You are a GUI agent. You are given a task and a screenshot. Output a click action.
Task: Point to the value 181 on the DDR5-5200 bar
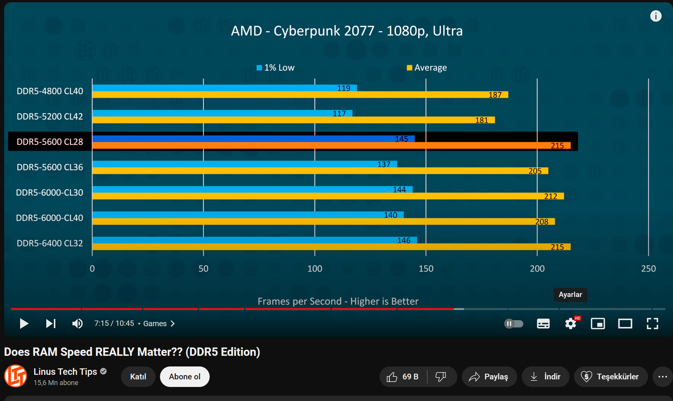click(482, 120)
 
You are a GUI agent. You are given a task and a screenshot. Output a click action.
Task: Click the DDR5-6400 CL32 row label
click(50, 243)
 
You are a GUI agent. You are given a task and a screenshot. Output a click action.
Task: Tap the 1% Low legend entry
click(276, 68)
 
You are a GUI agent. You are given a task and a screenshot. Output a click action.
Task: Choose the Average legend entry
click(427, 68)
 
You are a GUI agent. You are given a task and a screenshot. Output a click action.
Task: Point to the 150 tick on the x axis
click(426, 268)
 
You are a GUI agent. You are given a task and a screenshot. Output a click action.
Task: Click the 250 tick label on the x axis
click(648, 268)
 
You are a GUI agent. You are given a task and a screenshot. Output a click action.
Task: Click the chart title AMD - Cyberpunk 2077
click(347, 31)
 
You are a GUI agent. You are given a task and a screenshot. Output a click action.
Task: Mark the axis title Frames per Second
click(338, 301)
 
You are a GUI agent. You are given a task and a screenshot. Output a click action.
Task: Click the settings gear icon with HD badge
click(571, 324)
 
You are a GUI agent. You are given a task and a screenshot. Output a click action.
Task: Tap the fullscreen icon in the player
click(652, 324)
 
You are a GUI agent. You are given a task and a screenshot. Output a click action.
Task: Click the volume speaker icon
click(77, 324)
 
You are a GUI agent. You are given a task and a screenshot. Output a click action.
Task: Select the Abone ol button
click(185, 377)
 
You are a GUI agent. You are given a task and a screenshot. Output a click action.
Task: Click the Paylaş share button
click(489, 377)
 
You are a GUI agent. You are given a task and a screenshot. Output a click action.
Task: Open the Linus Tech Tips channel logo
click(16, 376)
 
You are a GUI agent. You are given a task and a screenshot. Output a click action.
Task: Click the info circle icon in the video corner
click(656, 16)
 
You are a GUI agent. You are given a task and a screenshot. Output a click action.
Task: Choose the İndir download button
click(545, 377)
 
